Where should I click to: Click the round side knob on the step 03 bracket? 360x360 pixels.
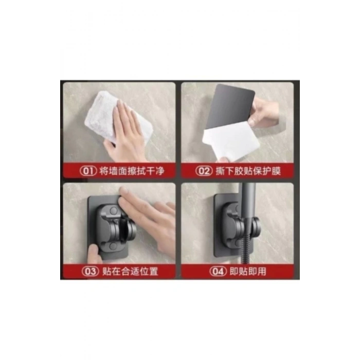(130, 230)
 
